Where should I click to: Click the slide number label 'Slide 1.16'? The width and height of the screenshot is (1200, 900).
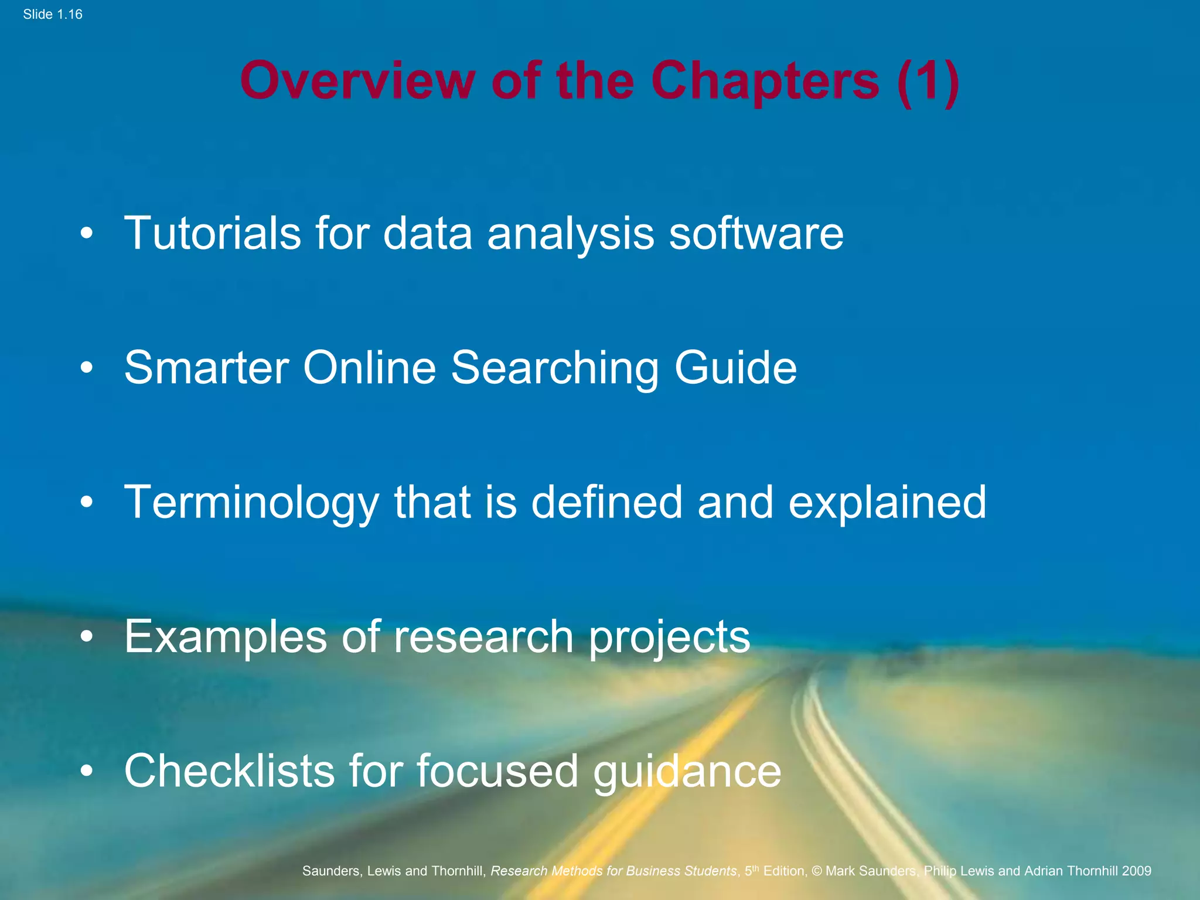click(53, 15)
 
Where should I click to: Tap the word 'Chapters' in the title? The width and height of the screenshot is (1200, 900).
click(765, 82)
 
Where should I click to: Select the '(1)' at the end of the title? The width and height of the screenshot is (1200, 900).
click(928, 82)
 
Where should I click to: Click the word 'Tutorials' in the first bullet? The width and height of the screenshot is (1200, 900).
click(213, 233)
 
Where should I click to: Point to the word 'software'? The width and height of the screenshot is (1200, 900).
click(756, 233)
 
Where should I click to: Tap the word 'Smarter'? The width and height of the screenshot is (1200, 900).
click(207, 368)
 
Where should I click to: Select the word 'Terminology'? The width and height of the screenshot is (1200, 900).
click(252, 503)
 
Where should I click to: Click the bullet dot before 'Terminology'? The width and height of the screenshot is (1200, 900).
click(87, 503)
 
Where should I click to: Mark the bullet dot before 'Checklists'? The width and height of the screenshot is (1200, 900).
click(87, 771)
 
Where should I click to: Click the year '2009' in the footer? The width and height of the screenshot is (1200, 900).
click(1137, 871)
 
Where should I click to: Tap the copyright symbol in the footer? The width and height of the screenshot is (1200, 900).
click(817, 871)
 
